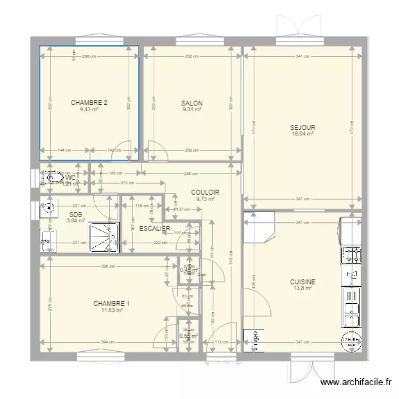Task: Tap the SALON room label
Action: [x=192, y=103]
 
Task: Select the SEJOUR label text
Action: [x=302, y=128]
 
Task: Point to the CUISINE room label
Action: [x=302, y=282]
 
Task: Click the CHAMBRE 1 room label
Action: [x=112, y=303]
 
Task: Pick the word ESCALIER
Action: [x=154, y=228]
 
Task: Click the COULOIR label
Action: [x=205, y=193]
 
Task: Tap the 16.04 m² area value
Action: [x=302, y=134]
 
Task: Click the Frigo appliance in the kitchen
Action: [x=253, y=340]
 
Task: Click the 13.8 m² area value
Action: [x=302, y=289]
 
